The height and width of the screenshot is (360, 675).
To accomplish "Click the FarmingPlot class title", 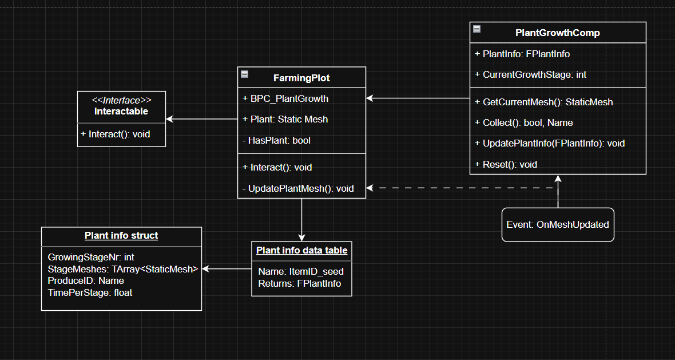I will [301, 78].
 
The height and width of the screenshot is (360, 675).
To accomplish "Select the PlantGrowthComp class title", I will [558, 33].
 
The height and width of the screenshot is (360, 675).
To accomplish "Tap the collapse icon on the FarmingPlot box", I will [245, 74].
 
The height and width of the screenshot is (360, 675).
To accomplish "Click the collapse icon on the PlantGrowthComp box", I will [477, 29].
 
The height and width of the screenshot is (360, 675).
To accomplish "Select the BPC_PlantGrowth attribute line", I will [289, 98].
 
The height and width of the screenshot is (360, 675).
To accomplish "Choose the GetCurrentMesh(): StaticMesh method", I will [547, 102].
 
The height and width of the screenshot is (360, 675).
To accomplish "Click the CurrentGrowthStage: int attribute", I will [534, 74].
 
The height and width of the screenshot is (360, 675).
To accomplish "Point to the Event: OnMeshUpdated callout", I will [558, 225].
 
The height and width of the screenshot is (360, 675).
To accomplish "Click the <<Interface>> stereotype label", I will [121, 100].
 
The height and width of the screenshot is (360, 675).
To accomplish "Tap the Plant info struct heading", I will [121, 235].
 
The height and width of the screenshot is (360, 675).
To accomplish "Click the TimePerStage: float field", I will [90, 292].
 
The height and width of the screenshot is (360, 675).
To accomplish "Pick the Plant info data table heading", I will [301, 250].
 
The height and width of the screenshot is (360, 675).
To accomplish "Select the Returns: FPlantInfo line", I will [299, 283].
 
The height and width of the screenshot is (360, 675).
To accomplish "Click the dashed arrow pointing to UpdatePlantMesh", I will [458, 188].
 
